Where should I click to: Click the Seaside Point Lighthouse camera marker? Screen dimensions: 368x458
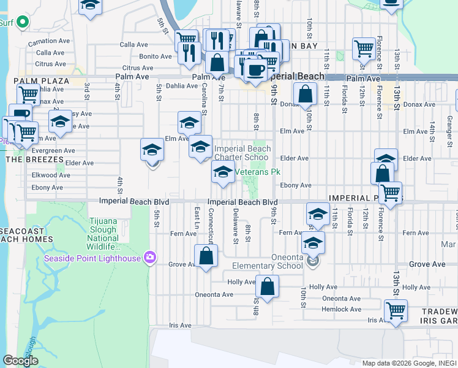(149, 257)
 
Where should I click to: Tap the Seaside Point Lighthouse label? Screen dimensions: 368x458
(93, 258)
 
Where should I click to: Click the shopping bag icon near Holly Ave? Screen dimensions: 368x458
(268, 286)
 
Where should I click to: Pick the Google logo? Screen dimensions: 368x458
(20, 360)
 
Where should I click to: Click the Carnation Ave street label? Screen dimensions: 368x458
(53, 41)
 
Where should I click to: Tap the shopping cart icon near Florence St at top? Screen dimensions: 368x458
(364, 48)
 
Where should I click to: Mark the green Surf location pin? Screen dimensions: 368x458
(23, 23)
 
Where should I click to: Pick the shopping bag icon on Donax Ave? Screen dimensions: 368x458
(305, 94)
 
